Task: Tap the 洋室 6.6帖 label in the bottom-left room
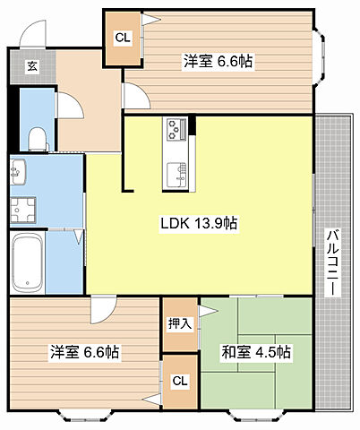84,352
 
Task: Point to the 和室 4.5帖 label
258,352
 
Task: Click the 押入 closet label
179,322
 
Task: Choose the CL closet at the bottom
180,381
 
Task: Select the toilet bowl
37,136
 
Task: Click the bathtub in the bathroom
28,262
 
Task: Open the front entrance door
34,32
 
